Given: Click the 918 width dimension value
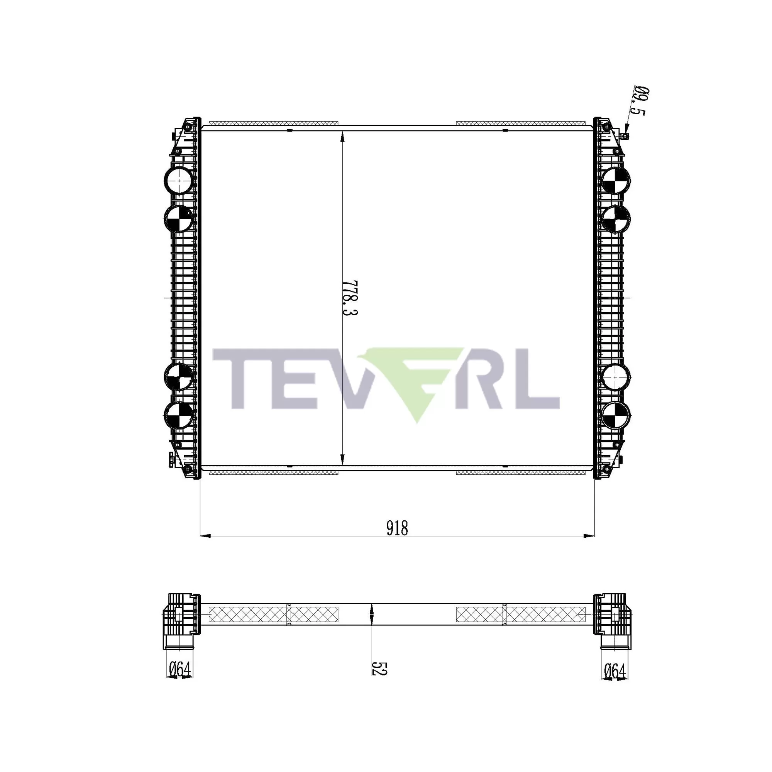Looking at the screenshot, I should (397, 528).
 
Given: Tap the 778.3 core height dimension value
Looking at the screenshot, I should (349, 297).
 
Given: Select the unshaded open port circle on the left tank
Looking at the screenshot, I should (179, 181).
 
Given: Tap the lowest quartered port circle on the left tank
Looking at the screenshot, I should (179, 415).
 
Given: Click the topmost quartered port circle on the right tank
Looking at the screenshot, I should (615, 181).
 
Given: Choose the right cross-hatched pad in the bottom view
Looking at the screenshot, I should (520, 614).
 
